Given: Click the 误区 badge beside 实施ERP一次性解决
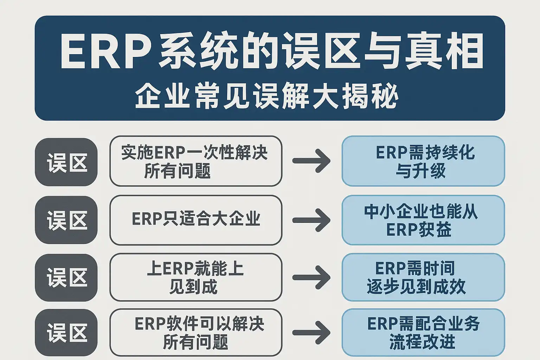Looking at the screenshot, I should pos(66,162).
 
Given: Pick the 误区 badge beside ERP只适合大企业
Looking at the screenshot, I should pos(66,220).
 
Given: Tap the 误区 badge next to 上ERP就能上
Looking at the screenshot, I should pos(66,277).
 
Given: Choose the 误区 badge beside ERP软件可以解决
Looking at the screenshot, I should pos(66,332).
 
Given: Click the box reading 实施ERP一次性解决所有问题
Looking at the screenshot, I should pos(196,161).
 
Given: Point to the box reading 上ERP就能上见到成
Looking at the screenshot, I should pos(196,277).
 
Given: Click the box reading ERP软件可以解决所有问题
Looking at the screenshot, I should pos(196,332).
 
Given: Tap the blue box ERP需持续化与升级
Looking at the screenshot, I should pos(423,161).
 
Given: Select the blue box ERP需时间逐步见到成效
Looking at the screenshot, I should pos(423,277).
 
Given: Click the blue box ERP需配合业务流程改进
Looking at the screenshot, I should pos(423,332).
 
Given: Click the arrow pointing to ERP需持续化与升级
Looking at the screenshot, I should pos(311,161).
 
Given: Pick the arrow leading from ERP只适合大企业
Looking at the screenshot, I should pos(311,220).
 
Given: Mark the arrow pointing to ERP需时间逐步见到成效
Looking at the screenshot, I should pos(311,277).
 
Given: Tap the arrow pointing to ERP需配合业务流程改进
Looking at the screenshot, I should pos(311,332).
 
